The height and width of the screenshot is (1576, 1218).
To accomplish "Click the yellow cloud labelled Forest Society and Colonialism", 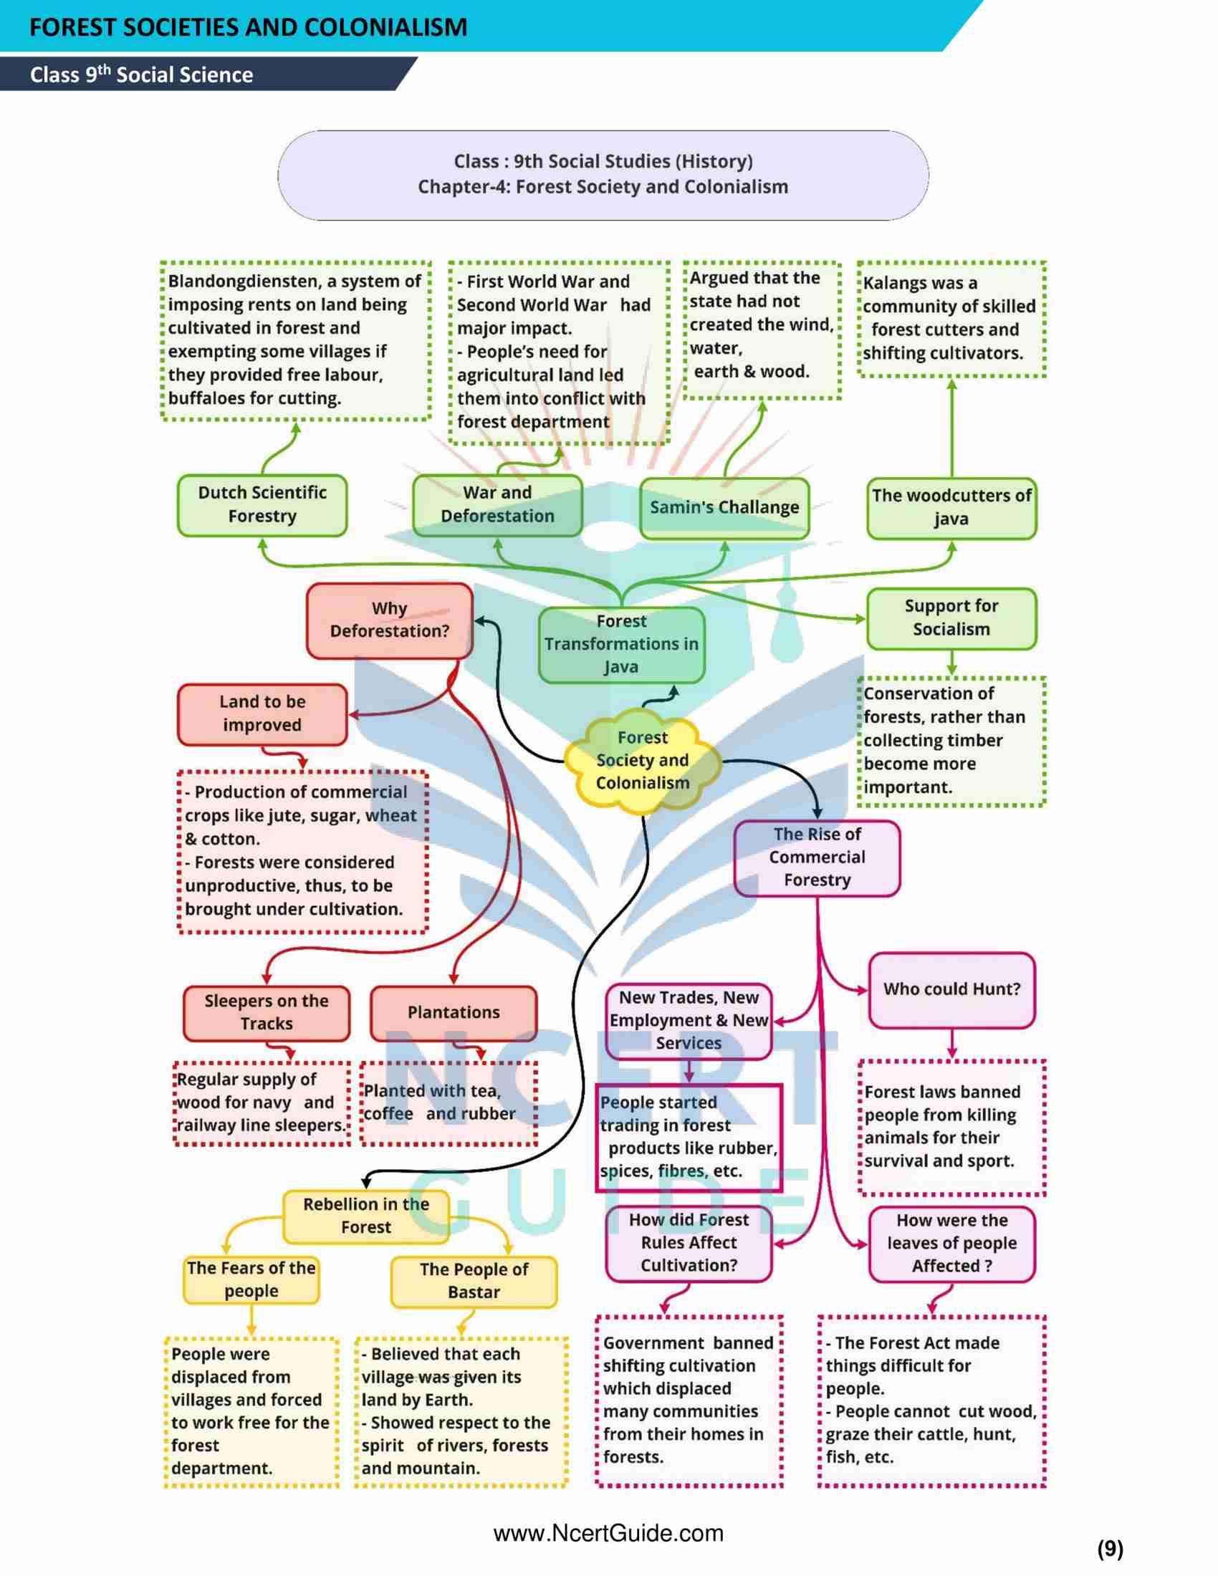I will (642, 761).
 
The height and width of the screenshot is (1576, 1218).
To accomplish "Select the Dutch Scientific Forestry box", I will (262, 504).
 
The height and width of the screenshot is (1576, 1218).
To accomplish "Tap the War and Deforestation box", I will (497, 504).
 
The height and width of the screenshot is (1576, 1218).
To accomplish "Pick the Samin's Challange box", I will (724, 507).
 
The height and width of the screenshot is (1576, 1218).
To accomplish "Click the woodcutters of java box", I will (951, 507).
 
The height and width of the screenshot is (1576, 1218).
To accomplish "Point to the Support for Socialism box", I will (951, 618).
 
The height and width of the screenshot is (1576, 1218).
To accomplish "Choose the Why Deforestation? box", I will (390, 620).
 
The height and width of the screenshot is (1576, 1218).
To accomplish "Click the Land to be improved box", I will (262, 713).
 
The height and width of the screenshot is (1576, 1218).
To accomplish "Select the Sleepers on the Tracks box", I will (267, 1012).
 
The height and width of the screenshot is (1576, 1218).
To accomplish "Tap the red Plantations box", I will (453, 1012).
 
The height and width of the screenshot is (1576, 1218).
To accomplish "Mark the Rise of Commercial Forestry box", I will (817, 857).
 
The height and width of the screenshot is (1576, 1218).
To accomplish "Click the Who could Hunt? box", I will (951, 989).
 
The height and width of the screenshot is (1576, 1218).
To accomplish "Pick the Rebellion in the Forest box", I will (366, 1216).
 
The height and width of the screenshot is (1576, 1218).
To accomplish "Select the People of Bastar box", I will (474, 1281).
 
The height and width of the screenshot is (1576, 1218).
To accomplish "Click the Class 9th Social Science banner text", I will (141, 75).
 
